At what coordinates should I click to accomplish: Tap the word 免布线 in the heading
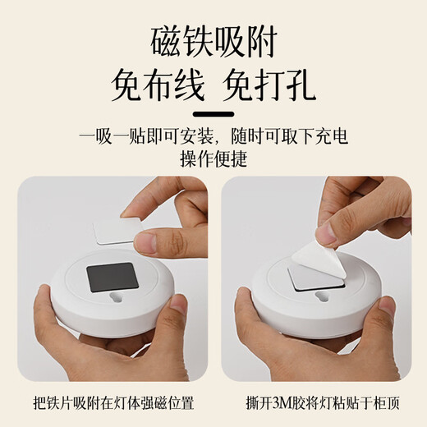click(x=151, y=85)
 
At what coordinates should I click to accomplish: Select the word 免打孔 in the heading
click(x=274, y=85)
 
